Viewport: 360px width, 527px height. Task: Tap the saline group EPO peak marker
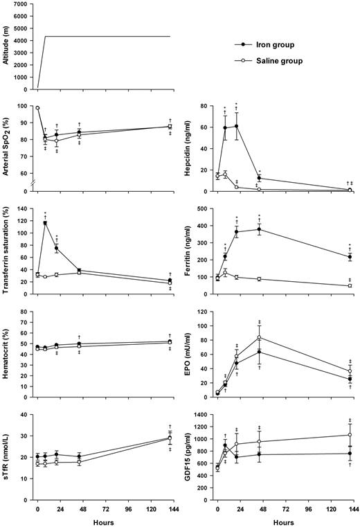click(x=259, y=337)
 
